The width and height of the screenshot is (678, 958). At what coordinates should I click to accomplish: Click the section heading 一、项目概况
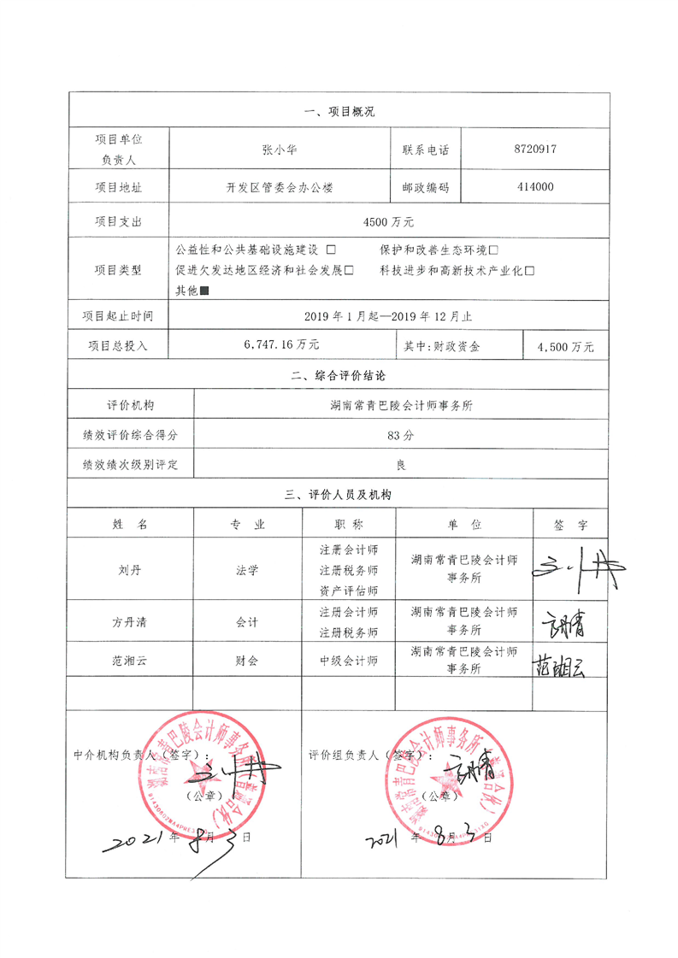pos(339,111)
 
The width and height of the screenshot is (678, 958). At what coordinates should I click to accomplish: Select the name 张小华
pos(280,149)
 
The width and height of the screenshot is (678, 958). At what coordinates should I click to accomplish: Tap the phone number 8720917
pos(536,149)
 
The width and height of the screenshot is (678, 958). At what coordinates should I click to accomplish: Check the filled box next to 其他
pos(203,291)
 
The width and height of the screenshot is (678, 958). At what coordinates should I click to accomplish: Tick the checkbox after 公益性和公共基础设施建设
pos(331,250)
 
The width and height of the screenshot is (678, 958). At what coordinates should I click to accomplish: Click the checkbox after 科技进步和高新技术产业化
pos(529,270)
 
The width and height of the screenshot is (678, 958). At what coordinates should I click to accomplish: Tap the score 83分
pos(400,435)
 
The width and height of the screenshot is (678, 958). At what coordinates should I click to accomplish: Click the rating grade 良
pos(400,466)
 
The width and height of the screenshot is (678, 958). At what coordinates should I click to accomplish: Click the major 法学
pos(247,569)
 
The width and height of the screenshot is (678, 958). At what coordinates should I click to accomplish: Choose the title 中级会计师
pos(349,661)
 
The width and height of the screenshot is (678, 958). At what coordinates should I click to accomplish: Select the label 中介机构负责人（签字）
pos(141,755)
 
